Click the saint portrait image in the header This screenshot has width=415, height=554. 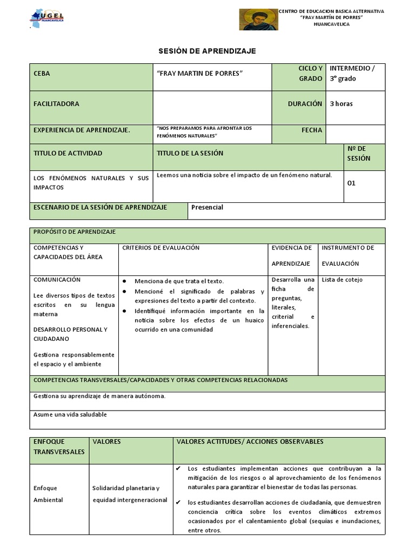click(x=258, y=19)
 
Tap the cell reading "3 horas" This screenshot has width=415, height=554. click(x=341, y=104)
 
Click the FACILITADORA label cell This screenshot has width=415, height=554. click(x=56, y=104)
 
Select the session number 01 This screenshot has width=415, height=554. click(x=351, y=183)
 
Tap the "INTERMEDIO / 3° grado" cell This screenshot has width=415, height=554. click(x=352, y=74)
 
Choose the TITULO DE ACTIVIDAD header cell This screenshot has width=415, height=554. click(x=68, y=153)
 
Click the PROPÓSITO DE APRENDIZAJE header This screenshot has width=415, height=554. click(x=75, y=232)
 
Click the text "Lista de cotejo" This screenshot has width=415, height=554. click(x=342, y=280)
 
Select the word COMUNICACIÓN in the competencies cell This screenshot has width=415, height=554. click(x=57, y=280)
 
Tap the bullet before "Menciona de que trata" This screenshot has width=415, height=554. click(x=125, y=281)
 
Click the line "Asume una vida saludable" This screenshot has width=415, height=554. click(x=70, y=414)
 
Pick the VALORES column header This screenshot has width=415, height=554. click(x=107, y=441)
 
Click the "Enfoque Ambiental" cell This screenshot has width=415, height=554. click(x=48, y=493)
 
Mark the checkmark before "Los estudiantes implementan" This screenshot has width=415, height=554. click(x=179, y=468)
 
